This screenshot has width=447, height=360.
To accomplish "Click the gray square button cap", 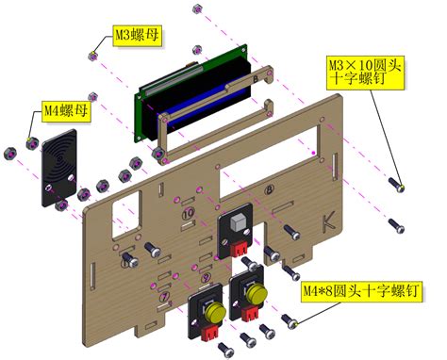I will coord(237,222).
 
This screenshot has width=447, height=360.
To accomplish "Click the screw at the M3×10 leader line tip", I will coord(403,188).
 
